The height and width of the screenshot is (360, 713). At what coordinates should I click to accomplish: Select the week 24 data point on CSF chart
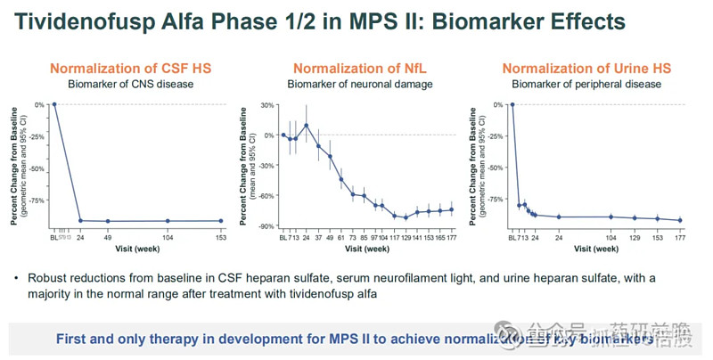(x=81, y=220)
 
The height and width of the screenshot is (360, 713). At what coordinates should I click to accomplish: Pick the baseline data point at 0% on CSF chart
(x=54, y=104)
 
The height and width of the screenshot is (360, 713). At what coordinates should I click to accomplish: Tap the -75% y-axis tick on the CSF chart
(x=37, y=200)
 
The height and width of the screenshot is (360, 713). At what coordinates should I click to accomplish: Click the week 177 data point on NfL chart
(x=451, y=209)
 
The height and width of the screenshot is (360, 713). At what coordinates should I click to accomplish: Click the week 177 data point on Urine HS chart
(x=680, y=220)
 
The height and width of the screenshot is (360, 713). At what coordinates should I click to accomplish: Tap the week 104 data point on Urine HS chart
(x=611, y=217)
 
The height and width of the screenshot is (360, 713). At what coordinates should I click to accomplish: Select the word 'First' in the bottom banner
(x=73, y=339)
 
